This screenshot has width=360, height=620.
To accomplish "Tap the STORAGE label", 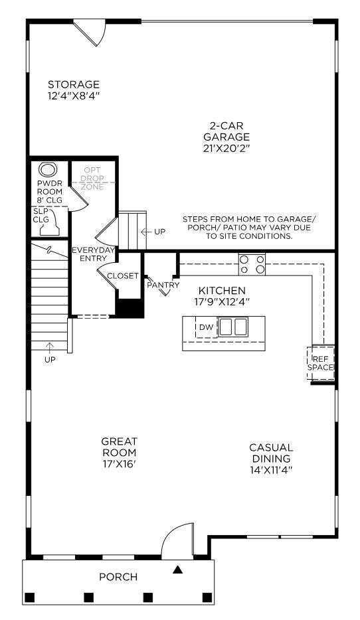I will pos(74,90).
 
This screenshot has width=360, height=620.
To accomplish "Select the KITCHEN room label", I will pos(222,296).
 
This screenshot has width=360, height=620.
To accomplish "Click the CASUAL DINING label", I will pos(270,458).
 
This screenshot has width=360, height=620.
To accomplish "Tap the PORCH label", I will pos(118,577).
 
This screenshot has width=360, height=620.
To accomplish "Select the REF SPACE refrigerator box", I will pos(321,362).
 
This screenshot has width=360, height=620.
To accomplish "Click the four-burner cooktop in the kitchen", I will pos(252,264).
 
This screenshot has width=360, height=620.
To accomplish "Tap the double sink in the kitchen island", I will pos(233,326).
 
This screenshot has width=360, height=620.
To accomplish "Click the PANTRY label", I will pos(163,285).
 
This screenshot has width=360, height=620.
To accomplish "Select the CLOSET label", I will pos(123,275).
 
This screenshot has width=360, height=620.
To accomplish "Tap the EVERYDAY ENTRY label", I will pos(94,254).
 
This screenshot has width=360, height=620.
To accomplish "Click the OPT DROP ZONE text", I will pos(92,179).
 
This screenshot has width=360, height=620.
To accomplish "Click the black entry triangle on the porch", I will pos(177,569).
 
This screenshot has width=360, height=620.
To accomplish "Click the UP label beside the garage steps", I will pos(159,232).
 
